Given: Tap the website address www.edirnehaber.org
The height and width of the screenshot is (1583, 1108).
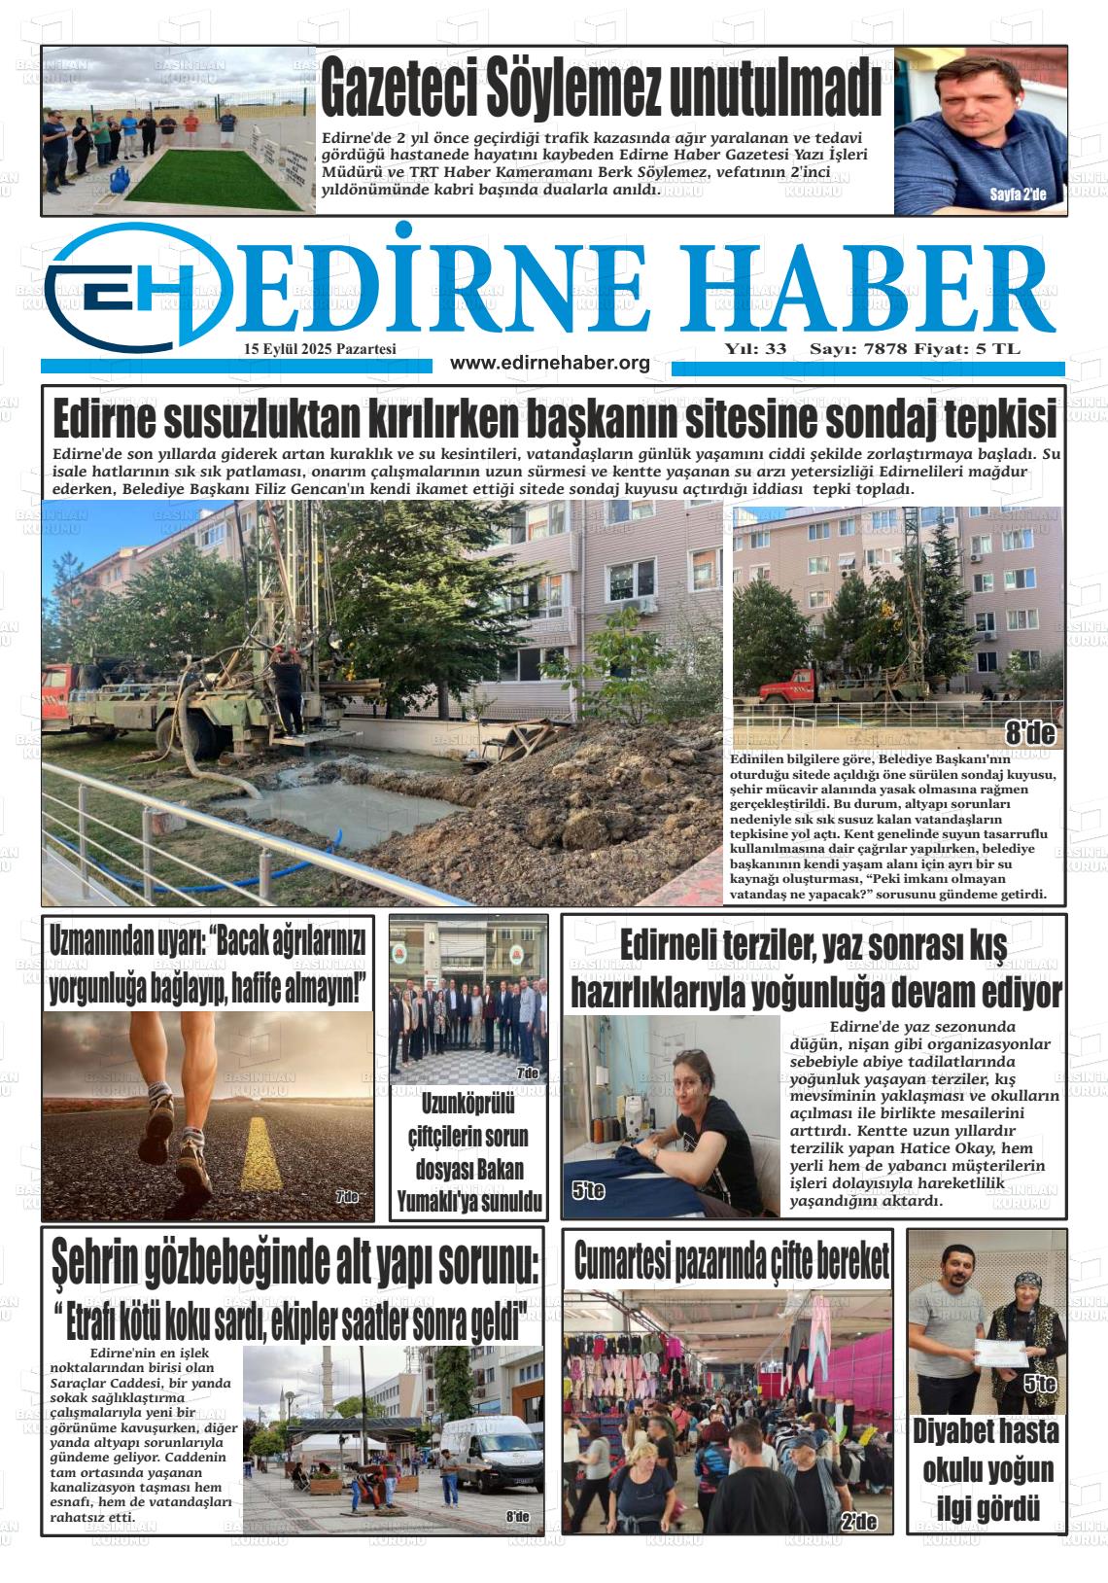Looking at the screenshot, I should (x=550, y=364).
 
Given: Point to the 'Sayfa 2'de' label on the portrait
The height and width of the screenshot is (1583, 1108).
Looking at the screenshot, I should (x=1018, y=194).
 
